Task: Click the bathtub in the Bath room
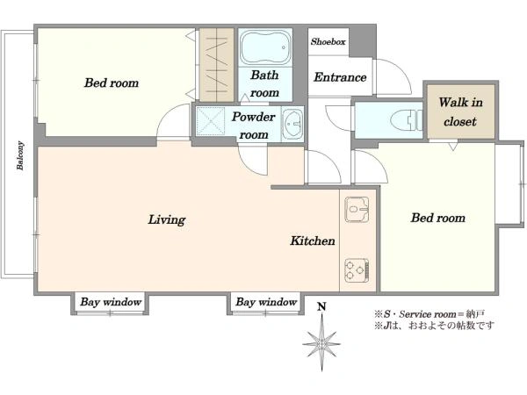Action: (x=265, y=47)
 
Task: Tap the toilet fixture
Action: (x=406, y=120)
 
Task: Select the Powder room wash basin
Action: (x=292, y=125)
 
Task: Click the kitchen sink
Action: (x=357, y=210)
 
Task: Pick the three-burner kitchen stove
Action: (x=357, y=270)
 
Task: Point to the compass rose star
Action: (x=321, y=343)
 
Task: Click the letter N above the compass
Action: (x=322, y=306)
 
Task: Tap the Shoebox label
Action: (x=328, y=41)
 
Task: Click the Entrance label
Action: (x=340, y=77)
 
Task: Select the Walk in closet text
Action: (x=460, y=111)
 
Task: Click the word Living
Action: (x=167, y=219)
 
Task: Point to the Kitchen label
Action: (x=313, y=241)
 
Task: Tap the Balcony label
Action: (x=20, y=155)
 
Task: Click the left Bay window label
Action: (x=111, y=302)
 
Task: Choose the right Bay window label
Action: (x=266, y=302)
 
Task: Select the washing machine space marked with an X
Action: (x=211, y=121)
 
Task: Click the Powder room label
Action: (x=254, y=126)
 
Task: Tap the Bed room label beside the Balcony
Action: (x=112, y=83)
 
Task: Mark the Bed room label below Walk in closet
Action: (x=438, y=218)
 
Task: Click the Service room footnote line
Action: (x=430, y=314)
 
